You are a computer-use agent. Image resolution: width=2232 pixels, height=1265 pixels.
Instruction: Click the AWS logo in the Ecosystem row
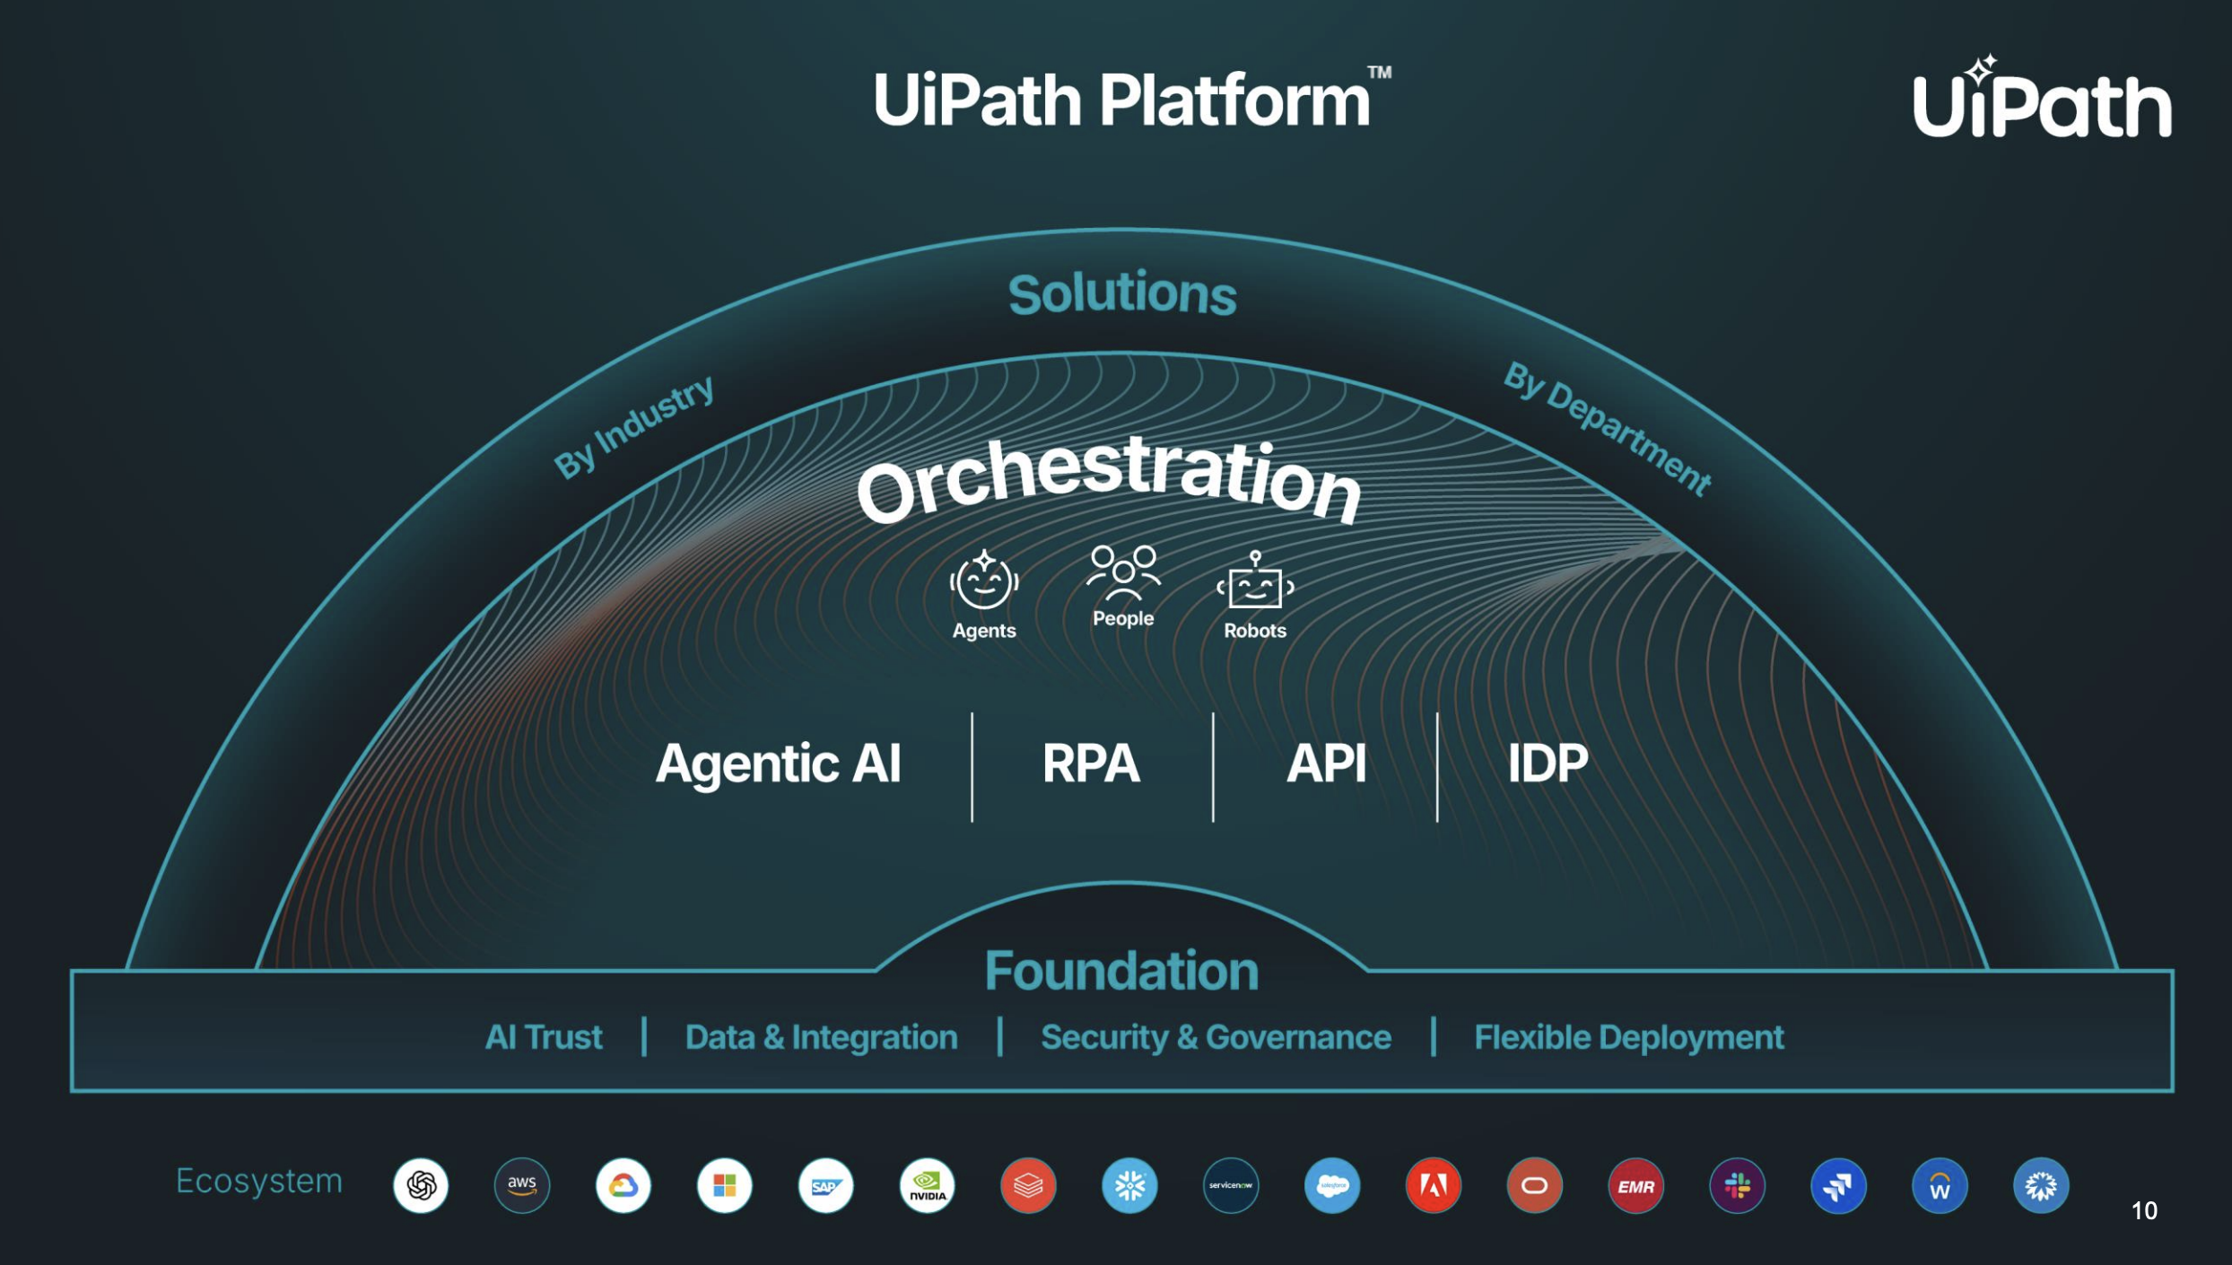coord(522,1185)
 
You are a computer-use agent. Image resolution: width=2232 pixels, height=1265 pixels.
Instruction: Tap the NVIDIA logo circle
coord(927,1185)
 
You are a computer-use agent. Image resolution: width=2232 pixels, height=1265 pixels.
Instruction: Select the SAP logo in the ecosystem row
coord(825,1185)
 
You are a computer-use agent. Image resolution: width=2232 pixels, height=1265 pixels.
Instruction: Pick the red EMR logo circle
coord(1635,1185)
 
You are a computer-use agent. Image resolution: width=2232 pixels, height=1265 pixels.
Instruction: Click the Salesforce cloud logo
coord(1332,1185)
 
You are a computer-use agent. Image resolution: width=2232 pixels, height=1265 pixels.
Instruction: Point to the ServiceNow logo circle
coord(1231,1185)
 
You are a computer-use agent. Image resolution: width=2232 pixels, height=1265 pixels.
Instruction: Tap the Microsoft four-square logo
coord(724,1185)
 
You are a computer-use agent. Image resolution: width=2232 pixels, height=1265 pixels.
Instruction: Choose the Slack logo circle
coord(1737,1185)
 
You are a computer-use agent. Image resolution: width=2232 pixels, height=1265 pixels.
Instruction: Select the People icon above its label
coord(1123,572)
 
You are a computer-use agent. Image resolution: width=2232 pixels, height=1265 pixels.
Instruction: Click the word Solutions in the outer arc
coord(1122,293)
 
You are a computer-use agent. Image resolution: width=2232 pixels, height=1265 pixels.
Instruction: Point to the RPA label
coord(1091,763)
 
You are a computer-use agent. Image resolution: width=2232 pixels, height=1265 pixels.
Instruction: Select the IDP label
coord(1548,763)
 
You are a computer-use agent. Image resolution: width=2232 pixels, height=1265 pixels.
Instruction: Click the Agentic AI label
coord(778,764)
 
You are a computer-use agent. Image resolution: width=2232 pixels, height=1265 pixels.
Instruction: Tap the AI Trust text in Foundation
coord(544,1037)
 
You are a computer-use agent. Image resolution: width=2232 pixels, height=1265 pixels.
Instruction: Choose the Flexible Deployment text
coord(1629,1038)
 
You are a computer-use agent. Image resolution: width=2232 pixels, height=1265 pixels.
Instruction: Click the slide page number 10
coord(2144,1210)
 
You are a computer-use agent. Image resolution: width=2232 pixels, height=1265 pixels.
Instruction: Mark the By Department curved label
coord(1608,427)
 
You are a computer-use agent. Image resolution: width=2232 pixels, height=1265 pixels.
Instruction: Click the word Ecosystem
coord(259,1182)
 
